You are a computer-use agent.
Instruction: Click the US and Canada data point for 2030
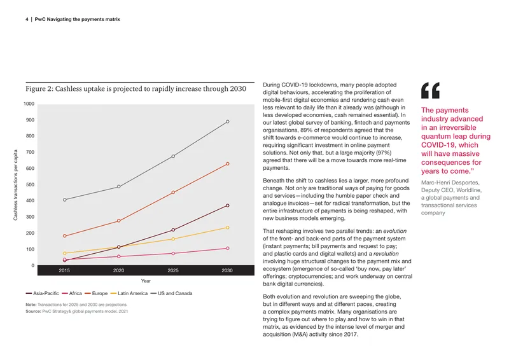click(x=228, y=121)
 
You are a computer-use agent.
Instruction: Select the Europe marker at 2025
click(x=173, y=193)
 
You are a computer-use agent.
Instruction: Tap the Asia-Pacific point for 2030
click(x=228, y=205)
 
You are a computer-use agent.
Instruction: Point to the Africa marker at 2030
click(x=228, y=248)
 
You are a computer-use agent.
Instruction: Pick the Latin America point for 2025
click(x=173, y=239)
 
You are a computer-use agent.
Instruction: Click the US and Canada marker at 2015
click(x=65, y=200)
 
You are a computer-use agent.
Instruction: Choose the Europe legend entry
click(x=96, y=293)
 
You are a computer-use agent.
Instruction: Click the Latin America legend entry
click(x=129, y=293)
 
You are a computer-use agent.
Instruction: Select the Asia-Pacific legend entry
click(x=43, y=293)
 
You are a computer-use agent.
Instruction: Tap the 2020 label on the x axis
click(x=118, y=270)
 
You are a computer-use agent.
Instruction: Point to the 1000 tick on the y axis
click(x=29, y=104)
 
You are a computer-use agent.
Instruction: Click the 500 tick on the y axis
click(x=30, y=184)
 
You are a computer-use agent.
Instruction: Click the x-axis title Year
click(x=146, y=280)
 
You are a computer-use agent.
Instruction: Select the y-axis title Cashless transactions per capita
click(x=15, y=185)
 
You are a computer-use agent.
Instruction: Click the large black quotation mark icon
click(x=431, y=90)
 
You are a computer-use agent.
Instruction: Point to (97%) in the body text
click(x=384, y=153)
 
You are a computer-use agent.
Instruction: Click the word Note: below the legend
click(x=31, y=305)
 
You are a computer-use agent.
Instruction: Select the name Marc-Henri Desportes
click(x=450, y=183)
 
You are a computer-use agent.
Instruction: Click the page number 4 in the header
click(x=27, y=20)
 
